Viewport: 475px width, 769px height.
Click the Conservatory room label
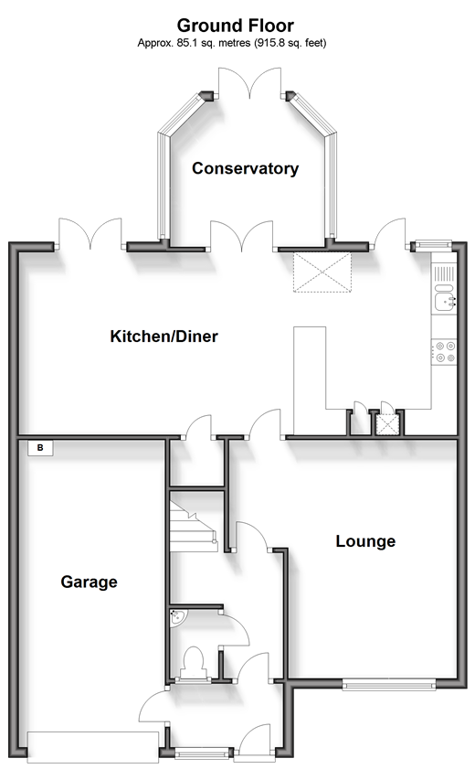[x=245, y=168]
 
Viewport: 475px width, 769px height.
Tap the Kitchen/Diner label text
[x=164, y=336]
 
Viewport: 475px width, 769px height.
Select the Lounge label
[x=365, y=541]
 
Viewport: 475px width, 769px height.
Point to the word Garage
[x=89, y=582]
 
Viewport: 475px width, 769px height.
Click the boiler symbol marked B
[x=40, y=448]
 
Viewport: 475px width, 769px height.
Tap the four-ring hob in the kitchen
[x=446, y=351]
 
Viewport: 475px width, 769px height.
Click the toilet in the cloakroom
[x=193, y=662]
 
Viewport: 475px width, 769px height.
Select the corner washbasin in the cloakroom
[x=177, y=618]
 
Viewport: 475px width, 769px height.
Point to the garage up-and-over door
[x=92, y=746]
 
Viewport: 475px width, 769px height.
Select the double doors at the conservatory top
[x=250, y=87]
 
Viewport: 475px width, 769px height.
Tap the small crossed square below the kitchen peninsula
[x=387, y=423]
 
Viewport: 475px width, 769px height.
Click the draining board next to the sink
[x=445, y=272]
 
